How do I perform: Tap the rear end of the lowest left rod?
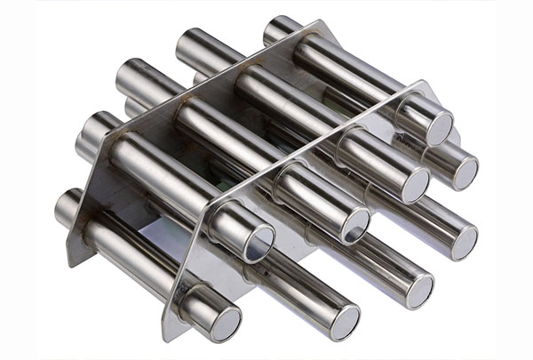tap(67, 206)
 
